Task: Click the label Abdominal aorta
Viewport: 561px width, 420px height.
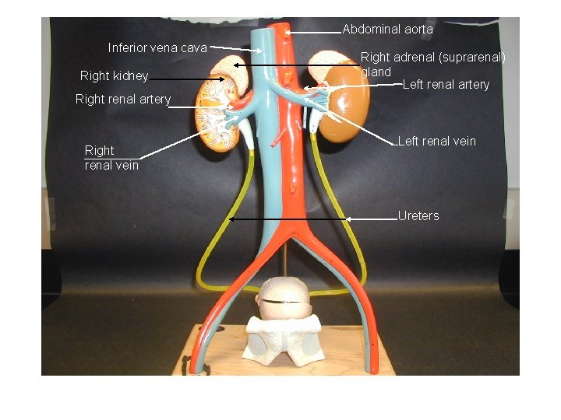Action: (x=387, y=30)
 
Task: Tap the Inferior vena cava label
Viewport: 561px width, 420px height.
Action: (x=157, y=48)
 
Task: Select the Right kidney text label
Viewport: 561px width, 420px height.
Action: (x=114, y=76)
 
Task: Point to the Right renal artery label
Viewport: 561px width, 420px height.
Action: (x=122, y=100)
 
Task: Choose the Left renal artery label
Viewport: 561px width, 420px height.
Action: (x=446, y=84)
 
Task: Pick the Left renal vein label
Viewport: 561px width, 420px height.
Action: (x=436, y=142)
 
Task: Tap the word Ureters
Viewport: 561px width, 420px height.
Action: (x=418, y=215)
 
